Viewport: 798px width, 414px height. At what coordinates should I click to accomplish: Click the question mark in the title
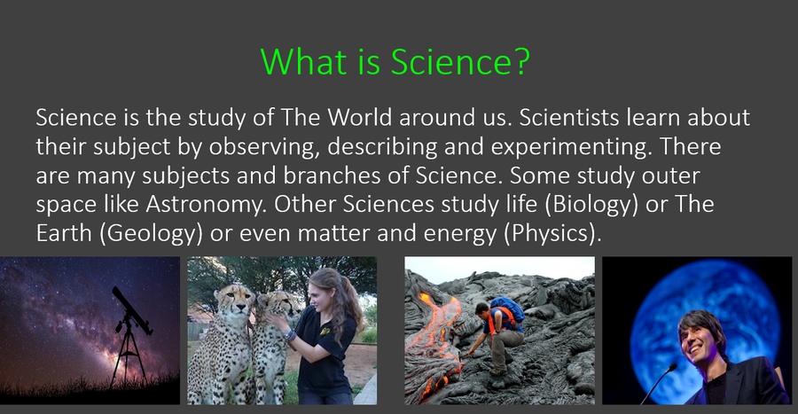tap(520, 61)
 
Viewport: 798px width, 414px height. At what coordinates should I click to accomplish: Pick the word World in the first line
tap(359, 117)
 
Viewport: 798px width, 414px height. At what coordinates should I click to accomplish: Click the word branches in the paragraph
tap(332, 176)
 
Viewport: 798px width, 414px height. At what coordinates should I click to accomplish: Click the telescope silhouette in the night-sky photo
tap(130, 336)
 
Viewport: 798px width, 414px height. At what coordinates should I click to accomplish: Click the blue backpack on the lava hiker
tap(507, 309)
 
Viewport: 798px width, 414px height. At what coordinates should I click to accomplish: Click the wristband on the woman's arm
tap(290, 335)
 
